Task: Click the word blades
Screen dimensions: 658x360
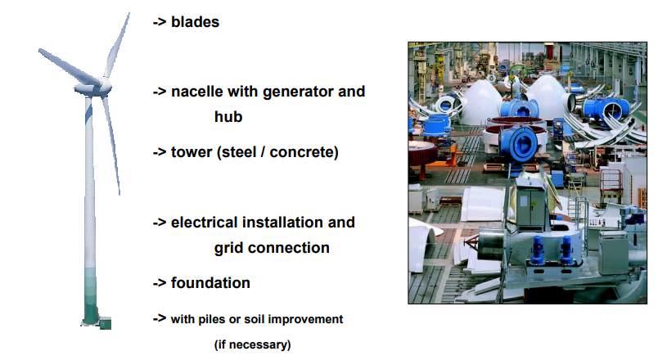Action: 195,22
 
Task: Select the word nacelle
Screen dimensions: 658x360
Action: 196,92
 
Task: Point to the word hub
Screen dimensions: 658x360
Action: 228,117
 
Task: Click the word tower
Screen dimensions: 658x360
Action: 192,152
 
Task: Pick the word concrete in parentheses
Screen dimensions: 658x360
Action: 302,152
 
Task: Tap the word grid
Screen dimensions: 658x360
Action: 229,249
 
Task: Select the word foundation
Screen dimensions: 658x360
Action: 210,283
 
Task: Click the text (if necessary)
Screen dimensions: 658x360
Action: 252,345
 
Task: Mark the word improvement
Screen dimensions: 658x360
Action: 305,319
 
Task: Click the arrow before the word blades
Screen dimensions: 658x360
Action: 160,22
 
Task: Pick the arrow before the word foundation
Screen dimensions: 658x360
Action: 160,283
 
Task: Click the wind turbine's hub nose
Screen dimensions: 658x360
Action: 106,86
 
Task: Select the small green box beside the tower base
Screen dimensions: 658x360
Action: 106,323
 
